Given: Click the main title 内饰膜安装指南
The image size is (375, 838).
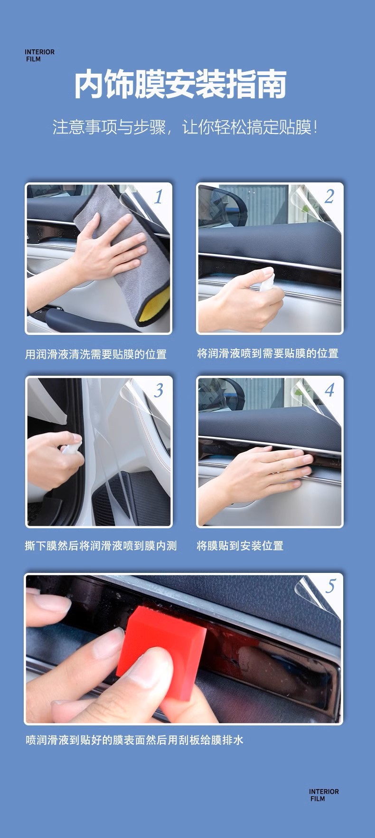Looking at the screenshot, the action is (x=180, y=85).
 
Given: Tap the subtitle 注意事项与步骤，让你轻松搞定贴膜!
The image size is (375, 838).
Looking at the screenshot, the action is (x=185, y=127).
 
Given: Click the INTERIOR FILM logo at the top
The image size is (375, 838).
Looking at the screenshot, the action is (x=39, y=56).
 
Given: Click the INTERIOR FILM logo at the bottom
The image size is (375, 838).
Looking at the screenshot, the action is (x=324, y=795).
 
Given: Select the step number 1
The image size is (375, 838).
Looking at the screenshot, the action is (x=158, y=197).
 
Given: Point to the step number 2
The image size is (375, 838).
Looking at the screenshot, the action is (x=329, y=197).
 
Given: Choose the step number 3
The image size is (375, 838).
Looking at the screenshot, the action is (x=158, y=390).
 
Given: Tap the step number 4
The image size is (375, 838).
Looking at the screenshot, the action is (x=329, y=390).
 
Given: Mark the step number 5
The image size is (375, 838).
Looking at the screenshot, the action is (x=330, y=586).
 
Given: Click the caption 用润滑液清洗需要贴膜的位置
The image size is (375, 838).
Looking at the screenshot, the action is (x=96, y=354).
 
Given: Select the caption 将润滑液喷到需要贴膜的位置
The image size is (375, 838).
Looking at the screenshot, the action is (x=268, y=353).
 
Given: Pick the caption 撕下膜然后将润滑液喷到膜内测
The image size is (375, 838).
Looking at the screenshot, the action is (x=101, y=546).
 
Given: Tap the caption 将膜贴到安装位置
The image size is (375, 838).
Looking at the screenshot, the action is (x=240, y=546).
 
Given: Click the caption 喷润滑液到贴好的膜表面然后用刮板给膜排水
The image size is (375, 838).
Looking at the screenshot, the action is (x=134, y=740).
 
